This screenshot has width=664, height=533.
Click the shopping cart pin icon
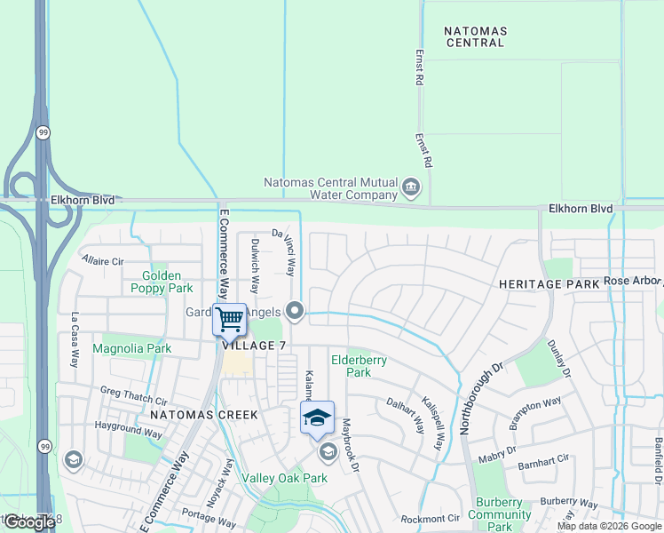(229, 319)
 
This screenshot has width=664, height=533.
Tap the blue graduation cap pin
(317, 418)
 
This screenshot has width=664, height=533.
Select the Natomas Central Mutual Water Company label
(330, 188)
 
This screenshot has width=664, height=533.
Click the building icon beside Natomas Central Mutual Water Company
(410, 186)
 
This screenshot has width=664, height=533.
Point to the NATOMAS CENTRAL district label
(475, 36)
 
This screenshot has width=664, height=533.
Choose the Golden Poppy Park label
(162, 282)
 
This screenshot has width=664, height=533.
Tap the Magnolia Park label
(131, 348)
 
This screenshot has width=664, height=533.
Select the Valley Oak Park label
(285, 478)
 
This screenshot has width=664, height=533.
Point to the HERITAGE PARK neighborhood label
(549, 283)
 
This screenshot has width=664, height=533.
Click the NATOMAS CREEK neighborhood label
(203, 415)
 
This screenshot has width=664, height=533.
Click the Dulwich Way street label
(255, 266)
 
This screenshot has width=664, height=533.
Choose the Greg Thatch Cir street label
(133, 395)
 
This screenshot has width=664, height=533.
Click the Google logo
(28, 522)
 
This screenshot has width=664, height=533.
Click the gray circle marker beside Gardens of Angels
(296, 311)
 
